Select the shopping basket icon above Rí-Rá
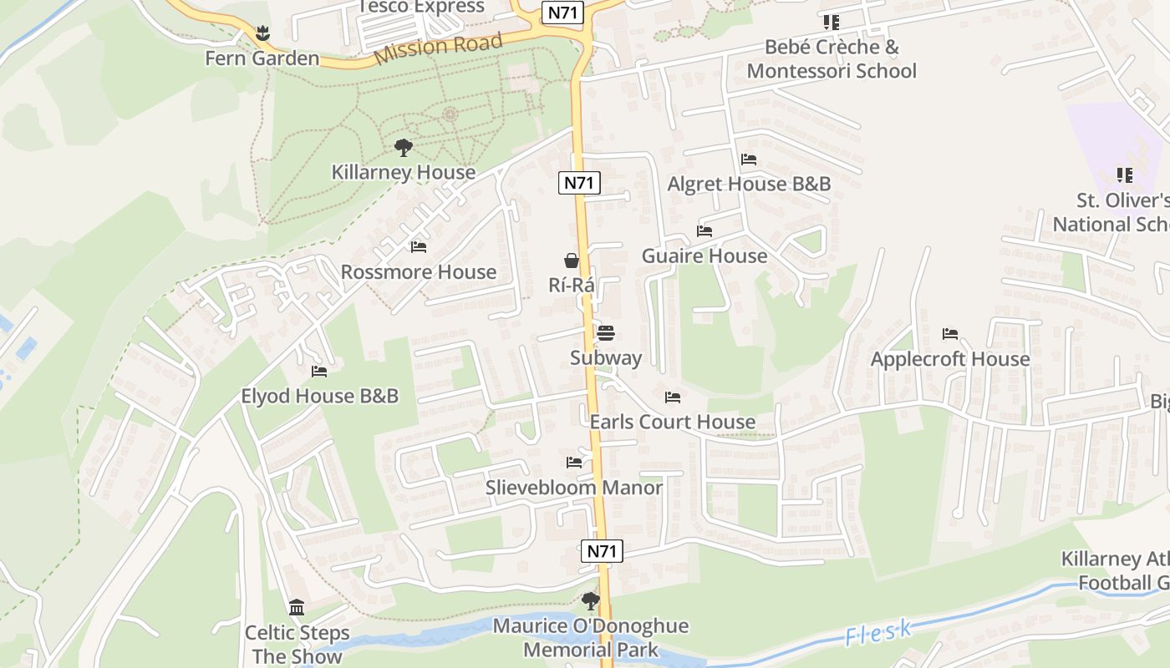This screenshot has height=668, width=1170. click(x=572, y=261)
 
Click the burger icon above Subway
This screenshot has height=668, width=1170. click(x=606, y=334)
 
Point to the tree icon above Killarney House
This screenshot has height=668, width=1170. click(x=404, y=149)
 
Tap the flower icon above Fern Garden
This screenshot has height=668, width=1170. click(x=262, y=34)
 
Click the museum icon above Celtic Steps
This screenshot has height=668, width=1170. click(x=297, y=607)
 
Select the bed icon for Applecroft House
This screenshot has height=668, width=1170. click(x=950, y=334)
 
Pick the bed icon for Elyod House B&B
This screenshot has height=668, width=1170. click(x=319, y=371)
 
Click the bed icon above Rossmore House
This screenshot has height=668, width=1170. click(x=419, y=247)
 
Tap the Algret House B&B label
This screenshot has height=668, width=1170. click(x=749, y=184)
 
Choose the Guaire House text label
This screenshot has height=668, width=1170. click(x=705, y=256)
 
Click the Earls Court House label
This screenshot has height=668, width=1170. click(x=673, y=422)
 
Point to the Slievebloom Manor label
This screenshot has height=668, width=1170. click(x=574, y=487)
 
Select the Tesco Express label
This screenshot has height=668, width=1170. click(x=421, y=8)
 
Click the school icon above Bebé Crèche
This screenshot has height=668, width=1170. click(x=831, y=22)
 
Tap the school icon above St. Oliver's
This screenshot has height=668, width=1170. click(x=1125, y=175)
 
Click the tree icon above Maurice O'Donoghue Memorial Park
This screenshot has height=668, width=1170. click(x=591, y=600)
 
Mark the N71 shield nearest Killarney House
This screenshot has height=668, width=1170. click(x=579, y=183)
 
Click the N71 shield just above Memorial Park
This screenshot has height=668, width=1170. click(x=602, y=550)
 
